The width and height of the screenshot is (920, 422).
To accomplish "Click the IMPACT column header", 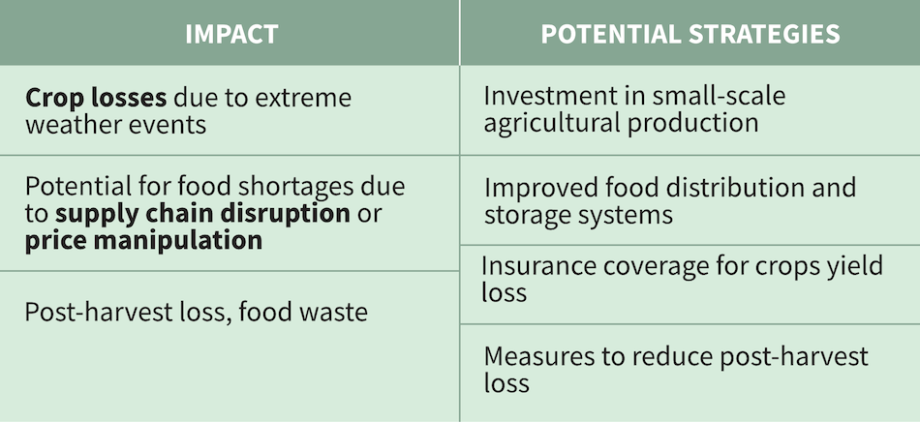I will click(230, 35).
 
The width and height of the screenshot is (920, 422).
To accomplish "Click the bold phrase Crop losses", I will click(95, 98).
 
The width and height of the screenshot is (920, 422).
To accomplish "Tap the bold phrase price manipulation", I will click(143, 240).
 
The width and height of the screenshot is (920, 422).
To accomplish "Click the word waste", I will click(332, 313).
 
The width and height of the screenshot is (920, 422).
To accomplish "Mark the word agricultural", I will click(560, 124).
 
